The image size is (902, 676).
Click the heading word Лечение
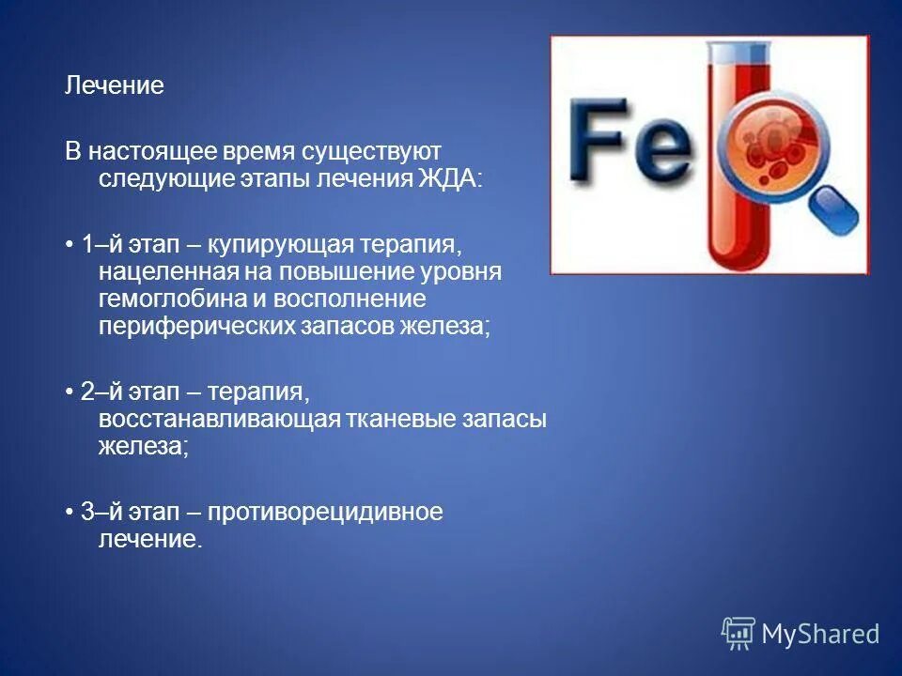(114, 86)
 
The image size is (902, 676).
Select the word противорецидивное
(325, 512)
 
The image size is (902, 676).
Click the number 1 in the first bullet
(87, 245)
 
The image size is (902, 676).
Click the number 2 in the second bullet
(87, 391)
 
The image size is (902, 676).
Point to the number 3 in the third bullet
(87, 512)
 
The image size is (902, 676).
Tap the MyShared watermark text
(820, 635)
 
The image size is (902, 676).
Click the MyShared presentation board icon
(739, 634)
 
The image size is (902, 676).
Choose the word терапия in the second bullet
(269, 391)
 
